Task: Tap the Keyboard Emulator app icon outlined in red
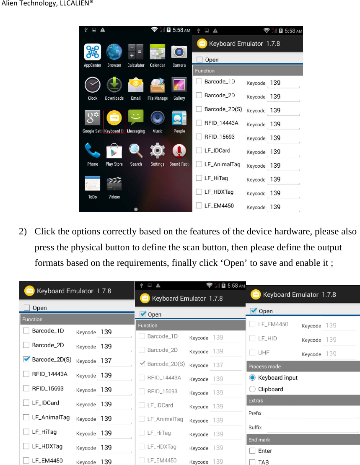[x=114, y=119]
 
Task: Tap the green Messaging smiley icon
[x=136, y=119]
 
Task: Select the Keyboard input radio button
[x=253, y=378]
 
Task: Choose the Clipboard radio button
[x=253, y=389]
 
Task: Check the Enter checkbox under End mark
[x=253, y=451]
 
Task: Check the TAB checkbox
[x=253, y=462]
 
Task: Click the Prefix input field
[x=312, y=413]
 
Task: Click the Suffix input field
[x=312, y=428]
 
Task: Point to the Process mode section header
[x=265, y=366]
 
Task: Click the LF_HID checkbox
[x=253, y=339]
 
